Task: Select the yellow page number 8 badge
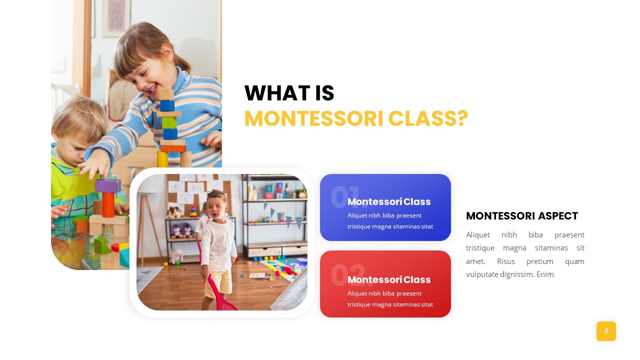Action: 606,331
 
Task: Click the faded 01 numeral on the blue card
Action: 345,197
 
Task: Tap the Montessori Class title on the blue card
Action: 389,201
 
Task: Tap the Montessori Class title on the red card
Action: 389,279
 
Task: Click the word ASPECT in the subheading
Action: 557,216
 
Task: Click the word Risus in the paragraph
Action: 505,261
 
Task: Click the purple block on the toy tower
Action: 107,185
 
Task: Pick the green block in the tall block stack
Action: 169,122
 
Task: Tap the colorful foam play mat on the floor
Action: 284,267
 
